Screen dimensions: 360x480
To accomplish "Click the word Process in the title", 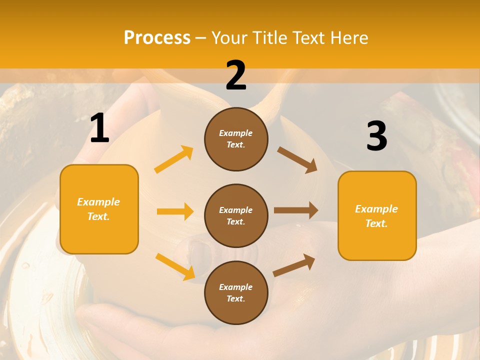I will tap(157, 38).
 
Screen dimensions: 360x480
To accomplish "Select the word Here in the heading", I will tap(348, 38).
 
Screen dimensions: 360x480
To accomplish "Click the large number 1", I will tap(99, 128).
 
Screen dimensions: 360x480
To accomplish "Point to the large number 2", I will tap(236, 76).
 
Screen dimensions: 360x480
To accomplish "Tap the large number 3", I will tap(376, 136).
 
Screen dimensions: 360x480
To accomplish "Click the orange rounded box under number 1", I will tap(99, 209).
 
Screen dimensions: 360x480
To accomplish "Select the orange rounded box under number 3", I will tap(377, 215).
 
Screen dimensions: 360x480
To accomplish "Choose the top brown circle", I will tap(236, 139).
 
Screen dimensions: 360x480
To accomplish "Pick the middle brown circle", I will tap(236, 215).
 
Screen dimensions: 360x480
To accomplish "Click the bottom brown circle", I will tap(236, 292).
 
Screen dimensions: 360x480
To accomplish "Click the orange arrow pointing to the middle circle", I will tap(175, 211).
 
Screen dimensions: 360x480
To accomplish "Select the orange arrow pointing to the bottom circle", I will tap(175, 266).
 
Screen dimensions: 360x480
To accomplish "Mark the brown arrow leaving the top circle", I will tap(297, 159).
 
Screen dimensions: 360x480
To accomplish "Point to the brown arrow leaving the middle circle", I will tap(296, 210).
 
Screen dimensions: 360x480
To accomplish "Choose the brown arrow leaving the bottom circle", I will tap(294, 265).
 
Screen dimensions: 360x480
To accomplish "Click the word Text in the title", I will tap(308, 38).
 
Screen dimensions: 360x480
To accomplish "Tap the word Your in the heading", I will tap(229, 38).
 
